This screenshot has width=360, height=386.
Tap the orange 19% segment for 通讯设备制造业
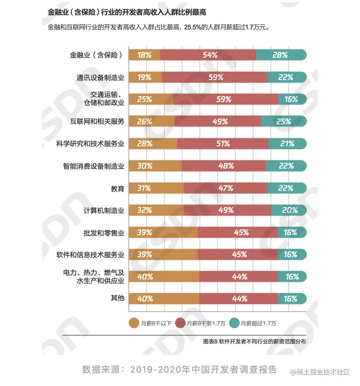pos(145,77)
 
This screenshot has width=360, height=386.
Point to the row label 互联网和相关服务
pos(97,121)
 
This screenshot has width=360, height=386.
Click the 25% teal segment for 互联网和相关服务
pos(284,121)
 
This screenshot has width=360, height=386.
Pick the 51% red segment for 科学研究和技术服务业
pos(223,144)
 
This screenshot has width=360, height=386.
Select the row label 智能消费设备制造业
pos(94,166)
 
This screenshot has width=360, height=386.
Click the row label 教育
pos(117,189)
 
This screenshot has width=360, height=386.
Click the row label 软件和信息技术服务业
pos(90,255)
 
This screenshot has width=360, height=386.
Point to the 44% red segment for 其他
pos(238,299)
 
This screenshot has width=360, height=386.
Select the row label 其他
pos(117,299)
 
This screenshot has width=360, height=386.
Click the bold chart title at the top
pos(127,12)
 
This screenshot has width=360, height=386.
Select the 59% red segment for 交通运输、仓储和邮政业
pos(226,99)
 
